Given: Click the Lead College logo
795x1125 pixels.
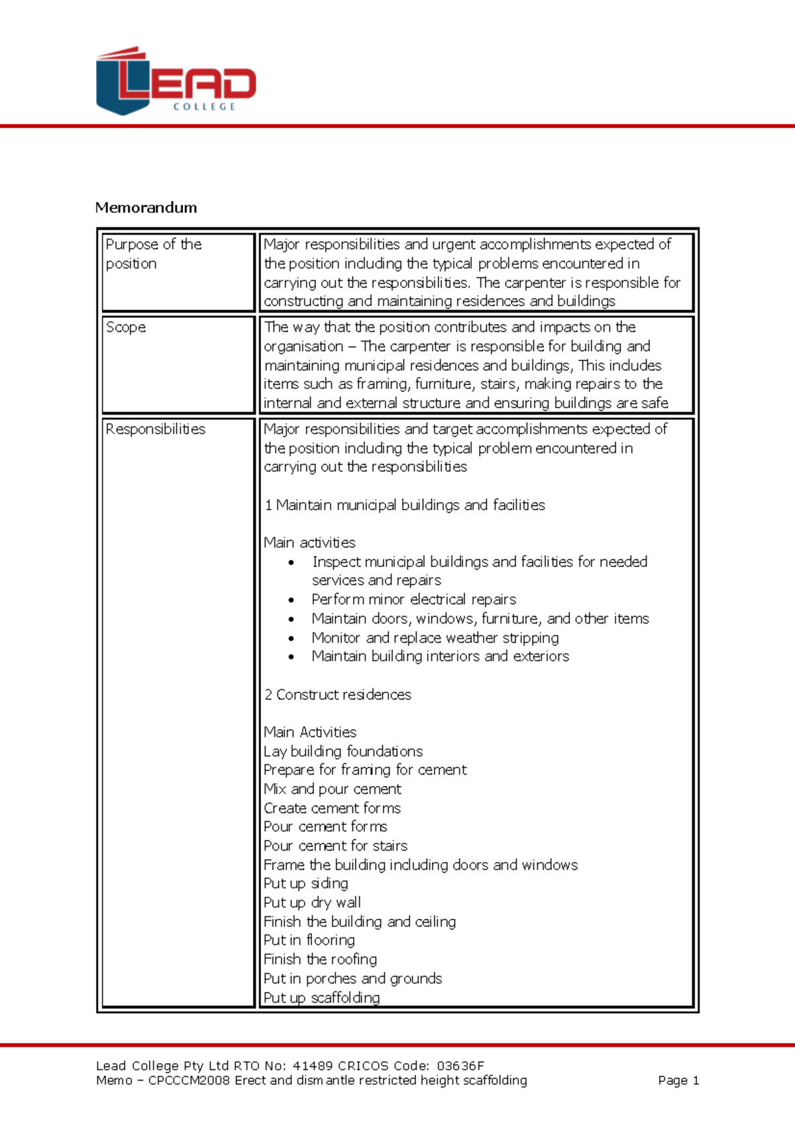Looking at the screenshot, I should pyautogui.click(x=176, y=81).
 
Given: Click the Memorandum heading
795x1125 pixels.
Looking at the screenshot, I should pyautogui.click(x=146, y=207).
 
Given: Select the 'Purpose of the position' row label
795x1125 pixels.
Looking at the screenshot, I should pyautogui.click(x=153, y=254).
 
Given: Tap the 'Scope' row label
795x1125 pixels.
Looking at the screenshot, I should pyautogui.click(x=126, y=327).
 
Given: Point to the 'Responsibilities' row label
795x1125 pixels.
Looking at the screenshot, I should pyautogui.click(x=155, y=429).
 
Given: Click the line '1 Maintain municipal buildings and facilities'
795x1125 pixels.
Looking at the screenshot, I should pyautogui.click(x=404, y=505).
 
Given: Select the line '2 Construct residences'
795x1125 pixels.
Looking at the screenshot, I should pyautogui.click(x=337, y=694).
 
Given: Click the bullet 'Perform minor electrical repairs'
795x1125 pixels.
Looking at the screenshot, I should pyautogui.click(x=413, y=600).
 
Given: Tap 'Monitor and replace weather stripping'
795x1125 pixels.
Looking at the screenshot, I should pyautogui.click(x=435, y=638).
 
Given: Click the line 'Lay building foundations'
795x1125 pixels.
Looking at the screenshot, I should pyautogui.click(x=343, y=751).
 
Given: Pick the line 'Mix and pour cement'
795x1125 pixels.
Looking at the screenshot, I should pyautogui.click(x=332, y=789).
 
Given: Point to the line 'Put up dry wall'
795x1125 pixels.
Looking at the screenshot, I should pyautogui.click(x=312, y=902).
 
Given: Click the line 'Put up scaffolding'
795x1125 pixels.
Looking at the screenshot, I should pyautogui.click(x=321, y=998).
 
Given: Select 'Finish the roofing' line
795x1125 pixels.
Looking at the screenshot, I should pyautogui.click(x=320, y=959).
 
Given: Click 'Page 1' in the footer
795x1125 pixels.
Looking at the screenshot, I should pyautogui.click(x=678, y=1081).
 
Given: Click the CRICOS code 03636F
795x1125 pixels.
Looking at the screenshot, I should pyautogui.click(x=460, y=1066).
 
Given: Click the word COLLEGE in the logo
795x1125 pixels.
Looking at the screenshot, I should pyautogui.click(x=204, y=107).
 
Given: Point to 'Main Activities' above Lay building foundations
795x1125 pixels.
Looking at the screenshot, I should pyautogui.click(x=309, y=732).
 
